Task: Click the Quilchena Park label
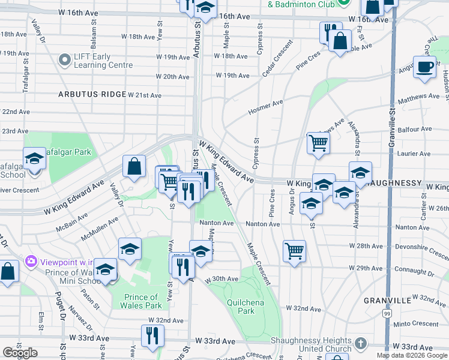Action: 245,307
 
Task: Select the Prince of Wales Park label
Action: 141,301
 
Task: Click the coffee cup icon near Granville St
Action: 424,67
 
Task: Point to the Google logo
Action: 20,353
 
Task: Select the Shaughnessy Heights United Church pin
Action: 360,344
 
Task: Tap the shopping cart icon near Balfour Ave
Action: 318,143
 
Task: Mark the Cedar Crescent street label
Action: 277,59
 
